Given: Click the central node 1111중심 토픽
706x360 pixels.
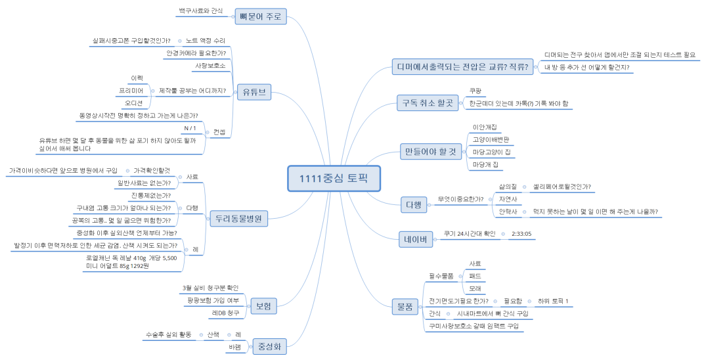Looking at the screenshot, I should coord(334,178).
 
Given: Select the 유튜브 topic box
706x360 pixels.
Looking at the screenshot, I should coord(253,92).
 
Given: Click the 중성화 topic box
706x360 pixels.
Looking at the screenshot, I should coord(271,346).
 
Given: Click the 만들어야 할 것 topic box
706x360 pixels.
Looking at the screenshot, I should coord(429,152).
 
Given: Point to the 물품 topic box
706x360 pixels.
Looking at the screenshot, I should coord(405,305).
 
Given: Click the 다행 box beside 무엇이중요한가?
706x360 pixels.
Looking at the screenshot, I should coord(413,204).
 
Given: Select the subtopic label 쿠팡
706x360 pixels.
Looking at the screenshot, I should coord(475,91).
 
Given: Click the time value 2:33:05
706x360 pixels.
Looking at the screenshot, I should coord(521,234).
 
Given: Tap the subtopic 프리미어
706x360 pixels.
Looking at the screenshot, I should coord(131,91).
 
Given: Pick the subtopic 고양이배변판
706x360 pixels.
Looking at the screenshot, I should coord(491,139).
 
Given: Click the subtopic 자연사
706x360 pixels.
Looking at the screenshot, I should coord(508,199).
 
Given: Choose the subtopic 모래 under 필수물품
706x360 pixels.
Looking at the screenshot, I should coord(475,288).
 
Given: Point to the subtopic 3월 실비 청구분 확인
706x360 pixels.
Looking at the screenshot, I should coord(210,288).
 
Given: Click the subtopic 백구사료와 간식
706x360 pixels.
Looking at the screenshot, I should coord(200,11).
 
